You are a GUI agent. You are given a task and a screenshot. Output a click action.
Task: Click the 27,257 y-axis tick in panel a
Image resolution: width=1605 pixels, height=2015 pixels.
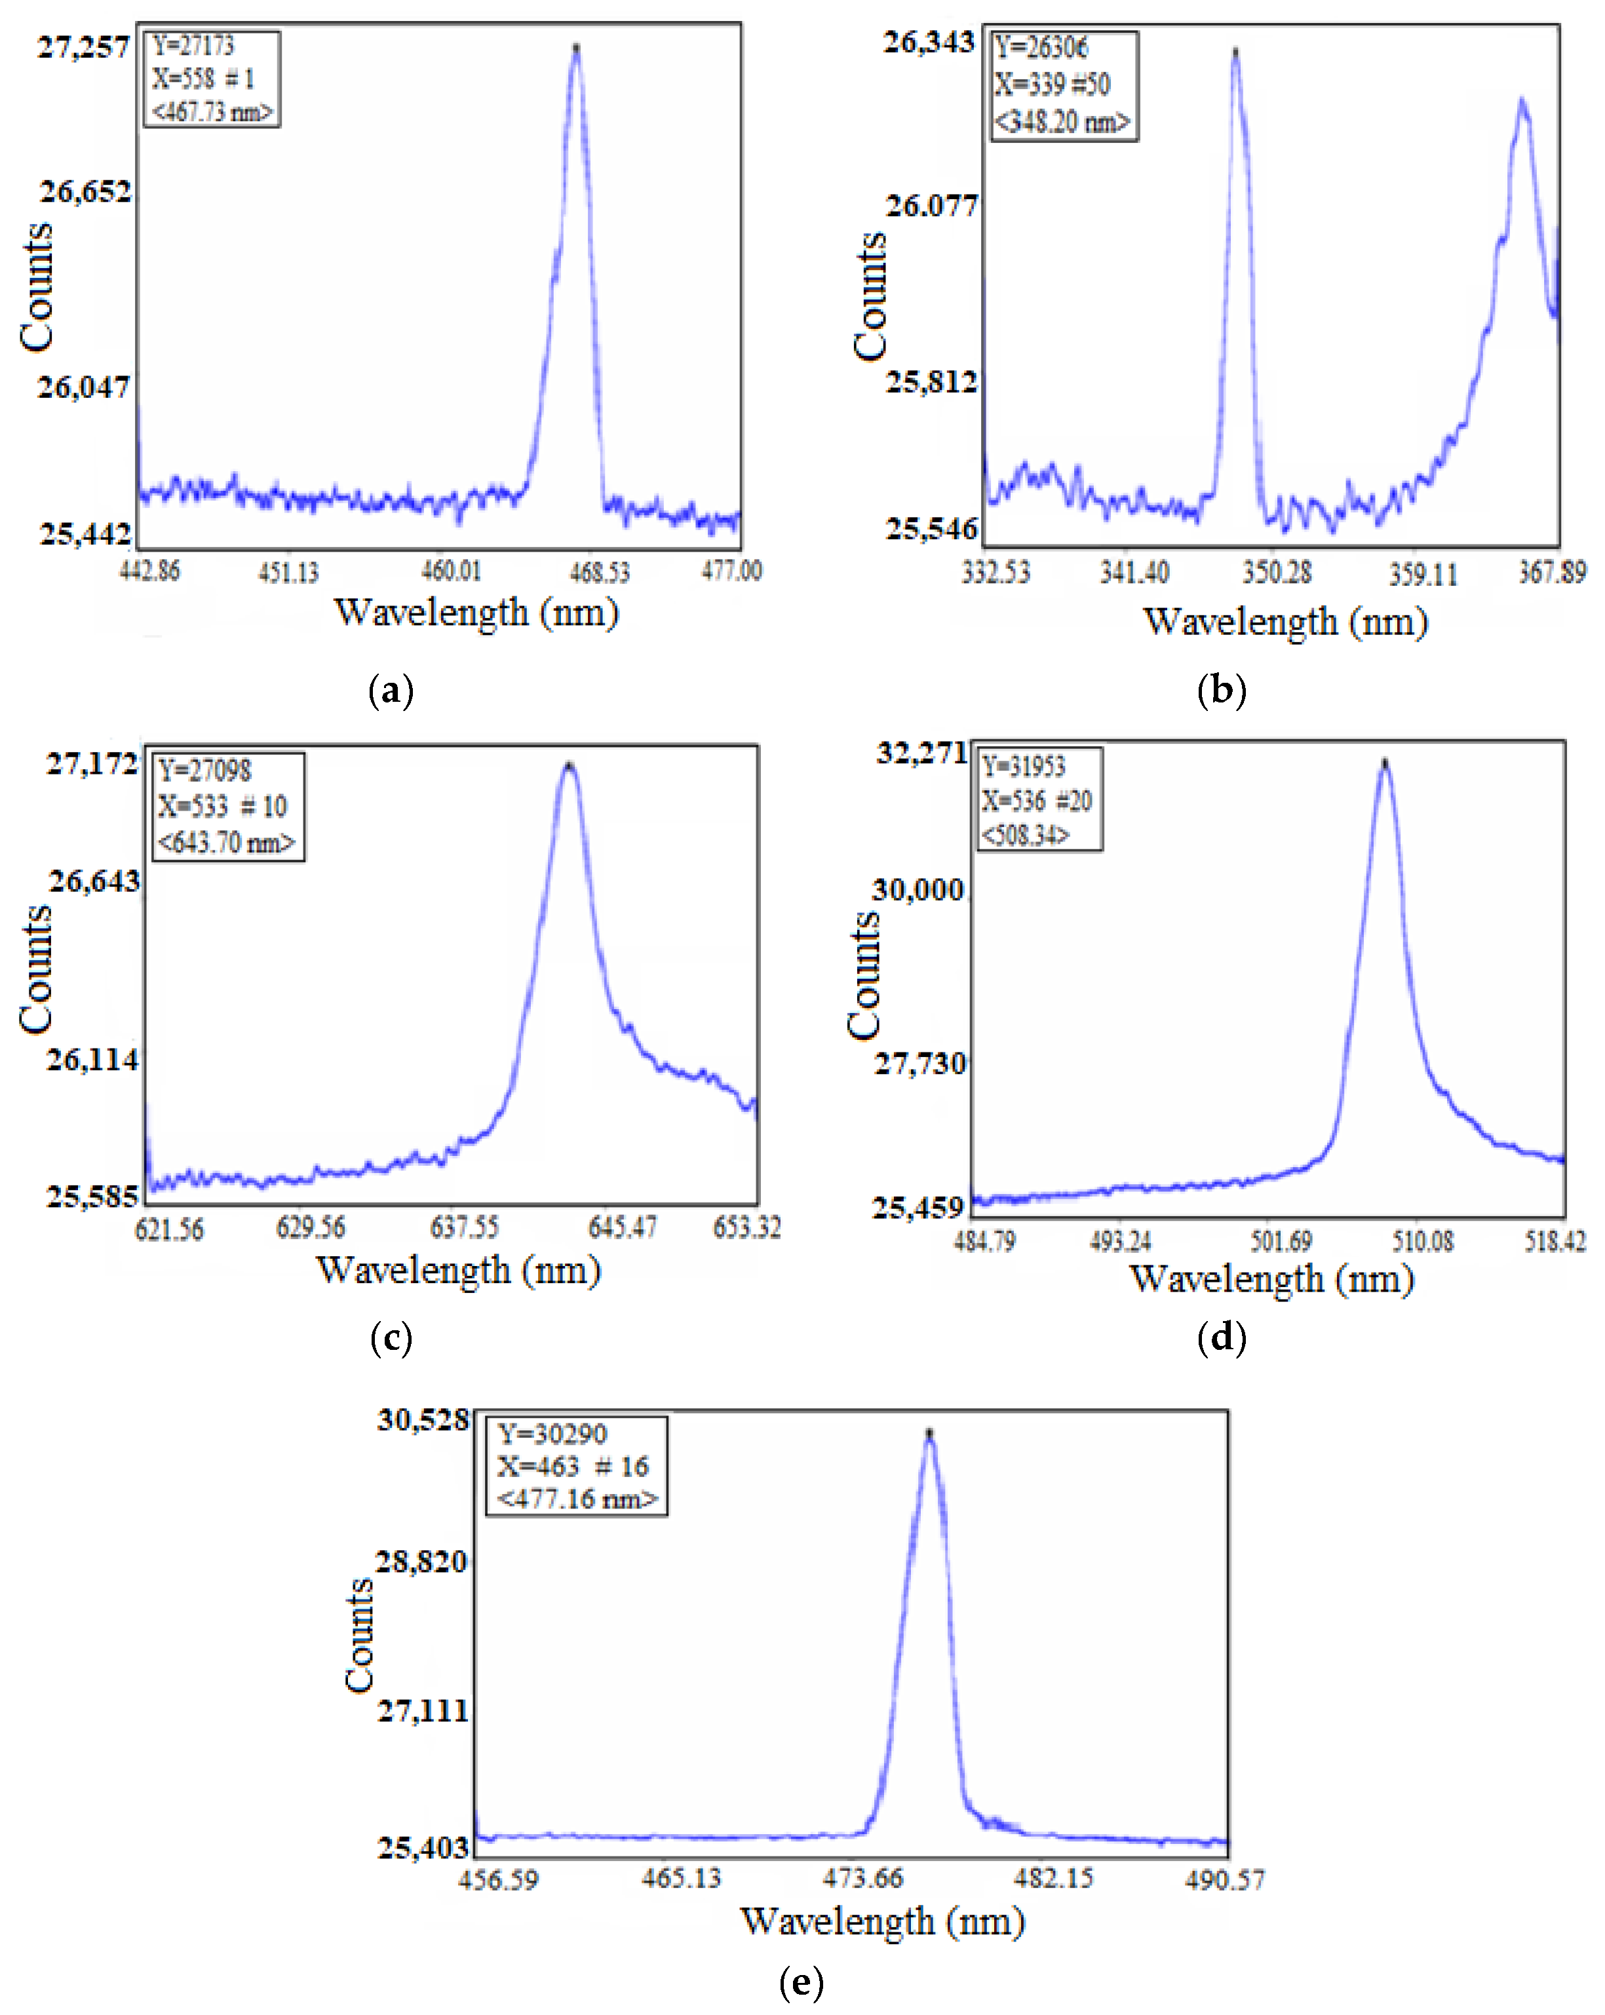click(x=83, y=47)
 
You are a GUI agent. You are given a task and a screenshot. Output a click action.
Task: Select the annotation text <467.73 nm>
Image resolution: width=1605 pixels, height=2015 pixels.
click(x=212, y=112)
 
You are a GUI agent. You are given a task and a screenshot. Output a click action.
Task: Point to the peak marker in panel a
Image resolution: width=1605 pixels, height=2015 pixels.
click(x=576, y=46)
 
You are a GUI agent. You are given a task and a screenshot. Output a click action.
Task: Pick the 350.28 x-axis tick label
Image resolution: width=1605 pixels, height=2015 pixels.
click(x=1276, y=572)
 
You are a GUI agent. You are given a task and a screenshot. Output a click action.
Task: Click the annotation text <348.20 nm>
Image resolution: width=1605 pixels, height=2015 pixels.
click(x=1062, y=121)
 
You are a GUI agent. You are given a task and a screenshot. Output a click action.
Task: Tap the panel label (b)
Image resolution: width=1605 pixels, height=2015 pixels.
click(x=1221, y=690)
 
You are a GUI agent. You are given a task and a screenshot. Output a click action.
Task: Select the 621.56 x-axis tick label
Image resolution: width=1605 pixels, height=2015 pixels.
click(x=169, y=1228)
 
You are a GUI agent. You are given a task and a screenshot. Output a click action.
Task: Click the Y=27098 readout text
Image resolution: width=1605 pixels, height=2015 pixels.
click(x=204, y=770)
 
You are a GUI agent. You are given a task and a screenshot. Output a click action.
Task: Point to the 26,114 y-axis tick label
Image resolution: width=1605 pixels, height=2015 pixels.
click(x=92, y=1060)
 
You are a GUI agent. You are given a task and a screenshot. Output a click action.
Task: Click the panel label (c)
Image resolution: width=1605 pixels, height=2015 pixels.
click(x=391, y=1337)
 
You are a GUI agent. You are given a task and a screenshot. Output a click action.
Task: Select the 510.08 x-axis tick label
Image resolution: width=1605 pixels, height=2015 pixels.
click(x=1423, y=1241)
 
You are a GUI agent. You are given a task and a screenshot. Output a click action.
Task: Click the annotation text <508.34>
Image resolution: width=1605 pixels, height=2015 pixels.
click(x=1024, y=835)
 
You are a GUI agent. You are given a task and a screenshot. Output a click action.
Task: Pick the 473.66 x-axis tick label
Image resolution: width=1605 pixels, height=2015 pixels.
click(x=862, y=1877)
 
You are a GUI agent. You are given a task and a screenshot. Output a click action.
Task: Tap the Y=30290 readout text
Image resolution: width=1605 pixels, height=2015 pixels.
click(x=552, y=1434)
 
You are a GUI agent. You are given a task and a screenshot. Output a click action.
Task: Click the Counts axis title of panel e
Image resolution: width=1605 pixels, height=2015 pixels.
click(x=359, y=1636)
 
